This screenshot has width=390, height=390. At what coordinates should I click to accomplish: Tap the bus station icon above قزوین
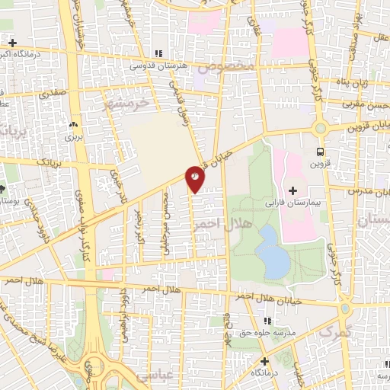[320, 151]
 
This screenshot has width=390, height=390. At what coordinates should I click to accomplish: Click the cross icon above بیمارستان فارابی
[293, 190]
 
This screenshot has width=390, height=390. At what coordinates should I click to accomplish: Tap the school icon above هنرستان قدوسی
[158, 53]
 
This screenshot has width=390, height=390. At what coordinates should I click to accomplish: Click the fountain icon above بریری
[73, 123]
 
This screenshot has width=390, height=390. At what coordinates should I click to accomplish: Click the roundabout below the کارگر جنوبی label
[321, 129]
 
